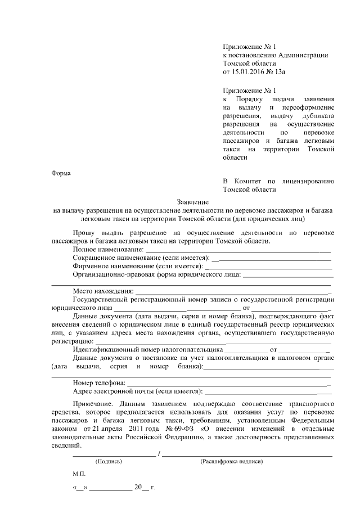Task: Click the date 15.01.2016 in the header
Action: click(249, 73)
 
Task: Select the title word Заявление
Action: click(193, 201)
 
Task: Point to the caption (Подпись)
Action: click(109, 461)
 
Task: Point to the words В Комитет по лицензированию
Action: click(278, 181)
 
